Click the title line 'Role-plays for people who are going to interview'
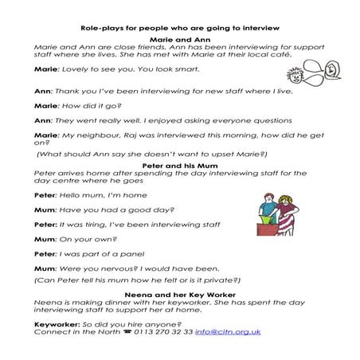tap(179, 27)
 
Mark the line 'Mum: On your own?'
tap(68, 238)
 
